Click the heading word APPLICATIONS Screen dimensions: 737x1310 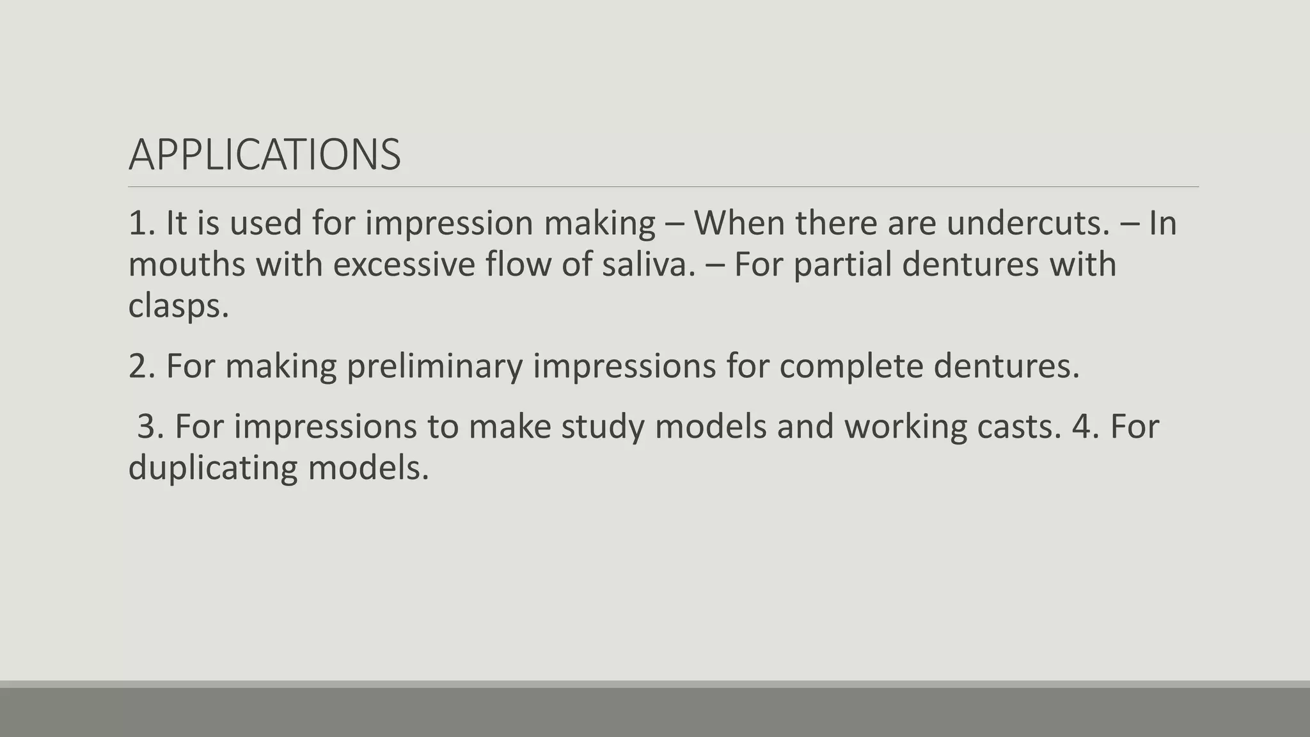[x=264, y=155]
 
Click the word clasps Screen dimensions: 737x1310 [x=178, y=306]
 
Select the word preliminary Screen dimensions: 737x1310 [x=434, y=366]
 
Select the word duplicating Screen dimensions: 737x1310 [x=212, y=468]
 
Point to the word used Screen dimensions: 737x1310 [x=265, y=223]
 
